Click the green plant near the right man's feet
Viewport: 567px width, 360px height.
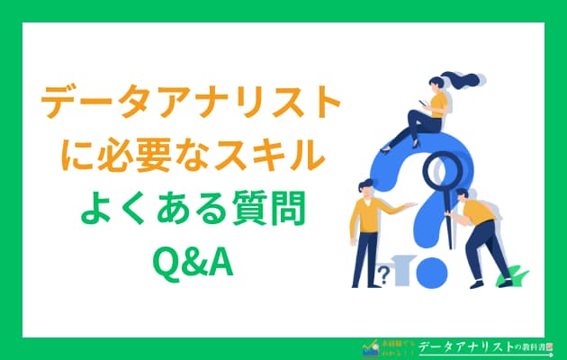pyautogui.click(x=514, y=274)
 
